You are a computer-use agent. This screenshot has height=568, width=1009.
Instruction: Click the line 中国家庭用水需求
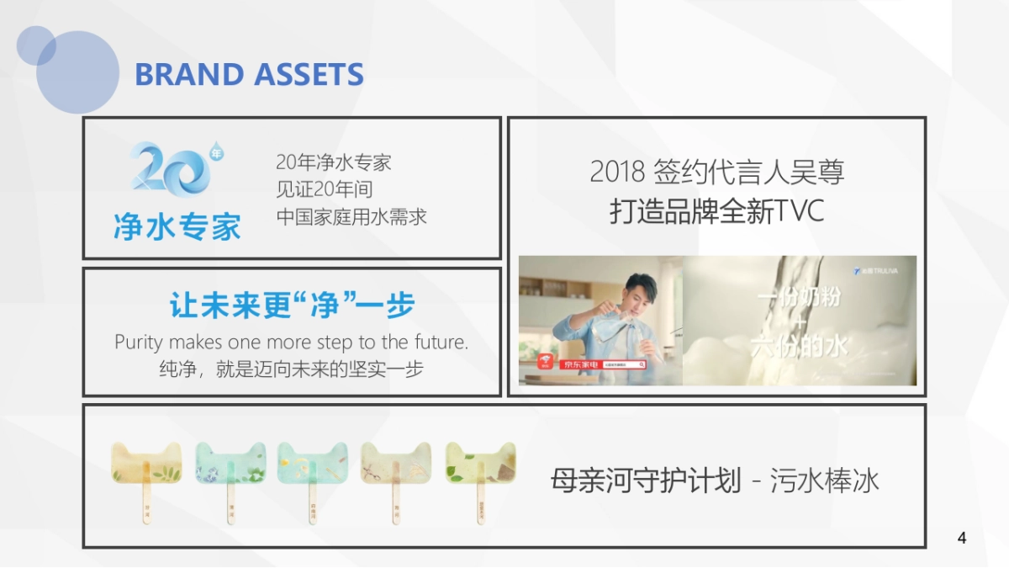point(351,216)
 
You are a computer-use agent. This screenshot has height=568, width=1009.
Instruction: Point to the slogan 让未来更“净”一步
point(292,305)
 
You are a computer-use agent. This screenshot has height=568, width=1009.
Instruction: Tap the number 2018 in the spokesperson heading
point(617,172)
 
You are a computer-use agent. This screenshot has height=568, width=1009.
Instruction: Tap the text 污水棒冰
point(824,481)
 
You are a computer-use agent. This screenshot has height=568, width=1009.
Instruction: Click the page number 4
point(962,539)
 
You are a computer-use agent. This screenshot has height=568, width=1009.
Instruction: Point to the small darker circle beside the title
point(35,45)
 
